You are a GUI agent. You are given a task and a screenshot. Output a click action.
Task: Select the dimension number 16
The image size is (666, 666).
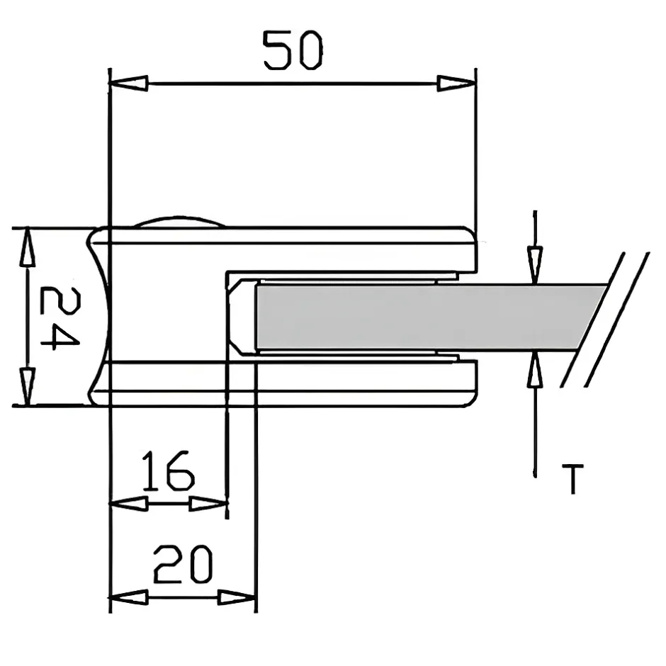pyautogui.click(x=167, y=472)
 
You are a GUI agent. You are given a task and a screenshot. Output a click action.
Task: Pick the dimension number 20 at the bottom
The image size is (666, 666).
pyautogui.click(x=183, y=565)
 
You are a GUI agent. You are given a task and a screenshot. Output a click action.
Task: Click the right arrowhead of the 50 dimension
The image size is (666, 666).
pyautogui.click(x=456, y=84)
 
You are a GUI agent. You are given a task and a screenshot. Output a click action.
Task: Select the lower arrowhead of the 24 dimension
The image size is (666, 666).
pyautogui.click(x=27, y=386)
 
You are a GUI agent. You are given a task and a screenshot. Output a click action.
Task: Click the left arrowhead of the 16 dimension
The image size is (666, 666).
pyautogui.click(x=128, y=504)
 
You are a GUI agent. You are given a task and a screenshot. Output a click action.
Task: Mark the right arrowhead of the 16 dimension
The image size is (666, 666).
pyautogui.click(x=208, y=504)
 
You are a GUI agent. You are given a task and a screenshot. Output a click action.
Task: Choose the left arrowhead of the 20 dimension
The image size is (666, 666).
pyautogui.click(x=129, y=597)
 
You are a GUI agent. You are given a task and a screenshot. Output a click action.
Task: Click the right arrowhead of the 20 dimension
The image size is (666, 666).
pyautogui.click(x=237, y=597)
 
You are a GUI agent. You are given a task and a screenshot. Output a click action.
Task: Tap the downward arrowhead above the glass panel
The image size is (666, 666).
pyautogui.click(x=535, y=264)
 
